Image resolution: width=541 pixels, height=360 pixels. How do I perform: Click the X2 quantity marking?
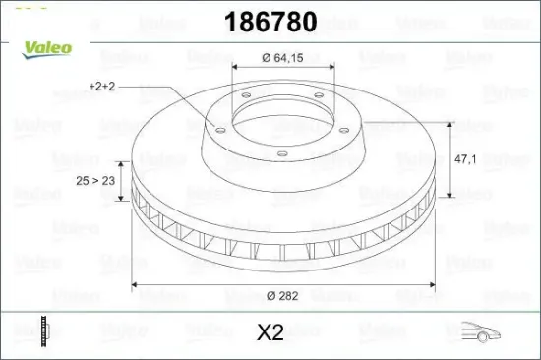coord(269,332)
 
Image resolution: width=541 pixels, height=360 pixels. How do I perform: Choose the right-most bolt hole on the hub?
coord(330,121)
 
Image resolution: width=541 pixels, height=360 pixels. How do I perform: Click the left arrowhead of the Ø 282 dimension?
coord(136,286)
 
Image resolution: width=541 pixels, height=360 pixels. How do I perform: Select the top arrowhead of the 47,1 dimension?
coord(451,125)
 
